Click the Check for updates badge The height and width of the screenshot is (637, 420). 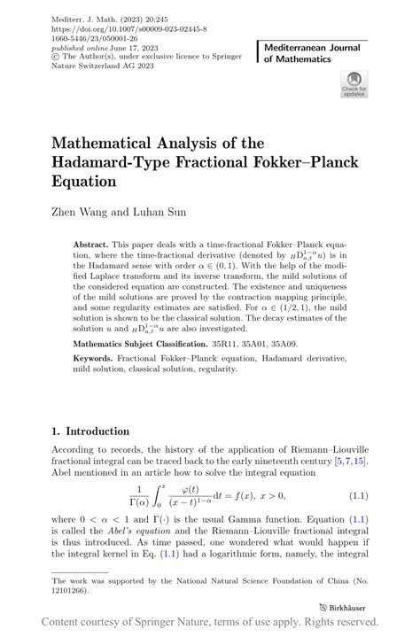[x=354, y=86]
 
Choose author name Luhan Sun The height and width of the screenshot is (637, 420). [x=162, y=213]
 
